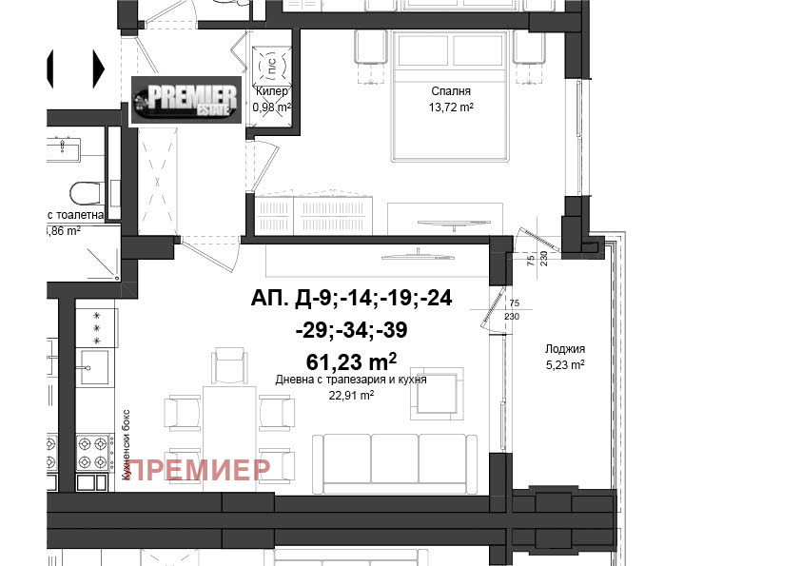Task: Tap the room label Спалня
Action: [x=451, y=92]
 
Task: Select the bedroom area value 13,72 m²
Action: [x=451, y=107]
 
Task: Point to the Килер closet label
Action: [x=271, y=92]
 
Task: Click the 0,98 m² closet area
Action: [x=271, y=107]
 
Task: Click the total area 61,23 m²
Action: [x=351, y=361]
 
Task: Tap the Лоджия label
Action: [x=565, y=348]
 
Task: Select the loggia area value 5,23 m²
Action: [x=565, y=363]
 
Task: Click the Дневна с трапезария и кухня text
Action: [x=351, y=379]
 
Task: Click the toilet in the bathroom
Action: [x=85, y=193]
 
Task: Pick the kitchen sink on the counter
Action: [x=95, y=364]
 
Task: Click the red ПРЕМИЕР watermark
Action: [x=200, y=469]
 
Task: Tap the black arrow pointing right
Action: [x=98, y=67]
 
